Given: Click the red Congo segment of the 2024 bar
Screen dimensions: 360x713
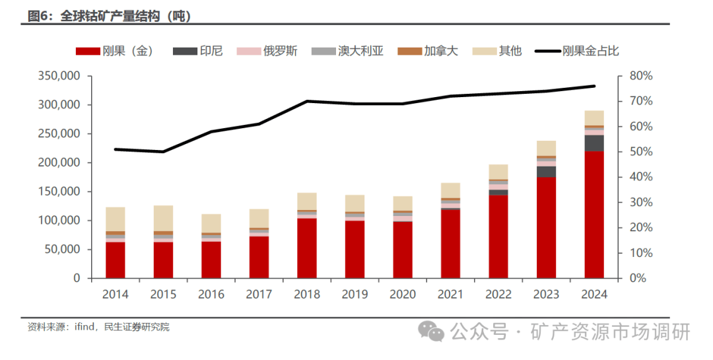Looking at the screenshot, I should click(x=595, y=215).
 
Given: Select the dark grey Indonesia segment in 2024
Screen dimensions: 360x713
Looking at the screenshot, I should click(x=595, y=143).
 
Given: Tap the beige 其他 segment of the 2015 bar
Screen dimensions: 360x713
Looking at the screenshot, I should click(x=163, y=218).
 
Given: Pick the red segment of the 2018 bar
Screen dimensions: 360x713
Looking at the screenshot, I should click(x=307, y=248).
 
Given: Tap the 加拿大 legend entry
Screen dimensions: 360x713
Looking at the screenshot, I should click(x=430, y=51).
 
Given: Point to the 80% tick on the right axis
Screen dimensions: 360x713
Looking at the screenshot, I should click(x=640, y=76).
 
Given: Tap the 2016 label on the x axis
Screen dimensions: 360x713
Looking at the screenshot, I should click(x=211, y=295).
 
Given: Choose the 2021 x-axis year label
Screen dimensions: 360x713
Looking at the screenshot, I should click(x=451, y=295).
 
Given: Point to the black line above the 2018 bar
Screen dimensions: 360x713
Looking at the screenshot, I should click(x=307, y=101).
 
